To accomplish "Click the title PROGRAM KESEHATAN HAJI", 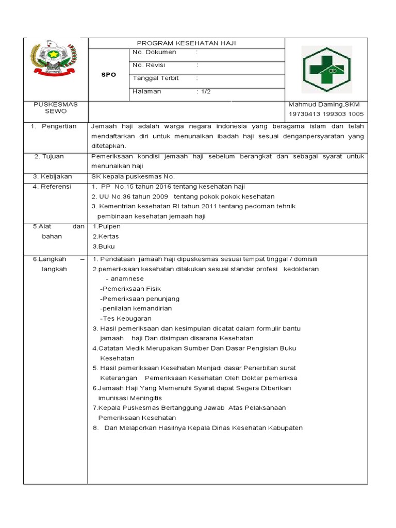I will pyautogui.click(x=186, y=43).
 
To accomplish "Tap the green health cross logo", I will pyautogui.click(x=326, y=69).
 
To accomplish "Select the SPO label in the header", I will pyautogui.click(x=108, y=74).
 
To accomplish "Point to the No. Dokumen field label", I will pyautogui.click(x=154, y=53).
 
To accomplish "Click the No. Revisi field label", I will pyautogui.click(x=152, y=65).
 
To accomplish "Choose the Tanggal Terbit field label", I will pyautogui.click(x=156, y=78).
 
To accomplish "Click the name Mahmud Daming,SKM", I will pyautogui.click(x=324, y=105).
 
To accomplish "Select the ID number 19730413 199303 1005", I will pyautogui.click(x=326, y=114).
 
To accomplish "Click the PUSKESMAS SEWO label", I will pyautogui.click(x=56, y=108).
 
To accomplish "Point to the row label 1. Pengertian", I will pyautogui.click(x=53, y=126).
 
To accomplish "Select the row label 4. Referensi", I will pyautogui.click(x=52, y=187).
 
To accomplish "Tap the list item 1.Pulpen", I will pyautogui.click(x=107, y=226).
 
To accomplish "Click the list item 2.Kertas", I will pyautogui.click(x=106, y=236).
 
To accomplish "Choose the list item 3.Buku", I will pyautogui.click(x=104, y=246).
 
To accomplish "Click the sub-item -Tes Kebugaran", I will pyautogui.click(x=126, y=319).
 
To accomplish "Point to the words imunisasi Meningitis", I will pyautogui.click(x=130, y=398).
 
